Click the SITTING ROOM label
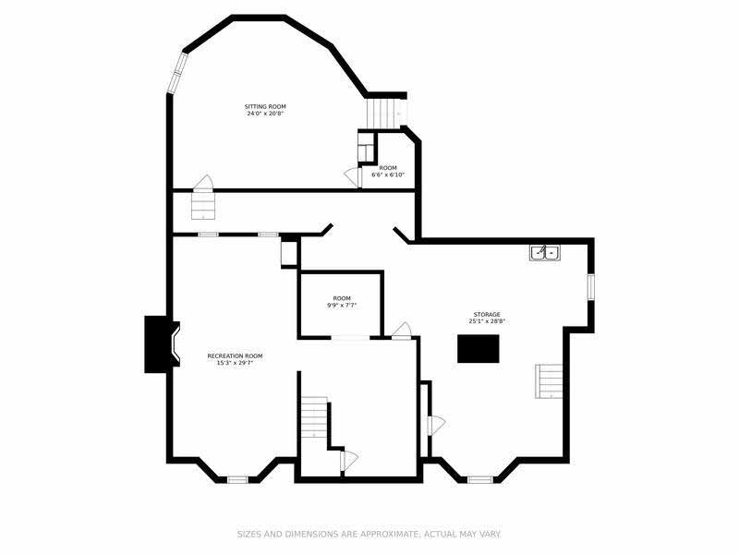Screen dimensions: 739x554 pyautogui.click(x=265, y=106)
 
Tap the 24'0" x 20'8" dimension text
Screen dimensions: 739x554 pyautogui.click(x=265, y=114)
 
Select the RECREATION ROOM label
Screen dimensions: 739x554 pyautogui.click(x=235, y=356)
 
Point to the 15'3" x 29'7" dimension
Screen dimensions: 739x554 pyautogui.click(x=235, y=363)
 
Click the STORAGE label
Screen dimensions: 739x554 pyautogui.click(x=487, y=315)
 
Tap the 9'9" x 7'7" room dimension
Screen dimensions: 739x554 pyautogui.click(x=342, y=306)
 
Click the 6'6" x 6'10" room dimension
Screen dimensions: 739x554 pyautogui.click(x=388, y=175)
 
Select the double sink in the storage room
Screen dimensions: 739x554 pyautogui.click(x=545, y=253)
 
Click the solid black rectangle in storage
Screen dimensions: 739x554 pyautogui.click(x=478, y=349)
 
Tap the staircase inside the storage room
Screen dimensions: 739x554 pyautogui.click(x=549, y=381)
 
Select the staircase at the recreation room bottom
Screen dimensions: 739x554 pyautogui.click(x=314, y=417)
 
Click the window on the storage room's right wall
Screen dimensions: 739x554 pyautogui.click(x=590, y=286)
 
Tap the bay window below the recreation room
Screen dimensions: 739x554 pyautogui.click(x=237, y=480)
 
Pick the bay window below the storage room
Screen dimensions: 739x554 pyautogui.click(x=479, y=480)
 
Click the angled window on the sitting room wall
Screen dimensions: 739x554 pyautogui.click(x=177, y=73)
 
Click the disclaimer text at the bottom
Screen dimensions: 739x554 pyautogui.click(x=369, y=535)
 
